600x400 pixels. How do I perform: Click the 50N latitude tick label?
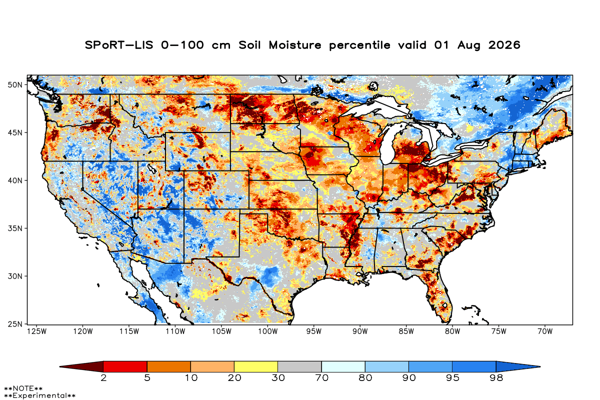[x=15, y=85]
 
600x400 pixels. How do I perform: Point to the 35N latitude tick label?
[x=15, y=228]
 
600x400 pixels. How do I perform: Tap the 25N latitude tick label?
[x=15, y=324]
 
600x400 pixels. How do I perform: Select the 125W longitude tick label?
[x=37, y=331]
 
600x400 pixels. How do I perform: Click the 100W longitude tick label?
[x=268, y=331]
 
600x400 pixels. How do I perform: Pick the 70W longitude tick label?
[x=545, y=331]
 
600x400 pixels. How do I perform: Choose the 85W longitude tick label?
[x=406, y=331]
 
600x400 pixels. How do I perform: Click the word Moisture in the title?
[x=295, y=45]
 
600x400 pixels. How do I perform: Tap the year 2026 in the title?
[x=504, y=45]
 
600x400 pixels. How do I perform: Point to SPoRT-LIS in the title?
[x=119, y=45]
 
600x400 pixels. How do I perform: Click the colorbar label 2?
[x=103, y=378]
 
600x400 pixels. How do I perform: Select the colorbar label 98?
[x=496, y=378]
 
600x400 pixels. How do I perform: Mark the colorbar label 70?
[x=321, y=378]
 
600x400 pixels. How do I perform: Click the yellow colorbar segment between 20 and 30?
[x=256, y=366]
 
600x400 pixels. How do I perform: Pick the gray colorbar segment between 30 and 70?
[x=299, y=366]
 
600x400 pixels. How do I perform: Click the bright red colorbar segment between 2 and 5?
[x=125, y=366]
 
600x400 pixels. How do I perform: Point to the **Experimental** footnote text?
[x=39, y=395]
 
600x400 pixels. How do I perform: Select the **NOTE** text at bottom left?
[x=23, y=388]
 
